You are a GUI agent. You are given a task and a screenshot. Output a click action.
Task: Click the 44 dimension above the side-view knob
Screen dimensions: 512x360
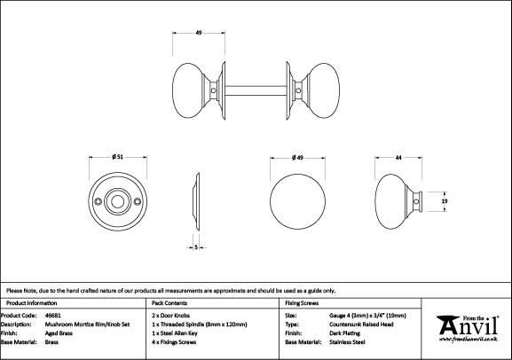[x=398, y=158]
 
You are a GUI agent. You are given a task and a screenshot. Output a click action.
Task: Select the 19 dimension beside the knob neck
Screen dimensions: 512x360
[x=444, y=201]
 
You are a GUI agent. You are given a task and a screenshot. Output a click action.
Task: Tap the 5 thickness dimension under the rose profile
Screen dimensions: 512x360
[x=196, y=247]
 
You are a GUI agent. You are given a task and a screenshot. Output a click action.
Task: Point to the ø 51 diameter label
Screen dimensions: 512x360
[x=117, y=157]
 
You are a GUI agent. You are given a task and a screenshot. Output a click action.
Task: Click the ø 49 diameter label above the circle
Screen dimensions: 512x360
[x=297, y=158]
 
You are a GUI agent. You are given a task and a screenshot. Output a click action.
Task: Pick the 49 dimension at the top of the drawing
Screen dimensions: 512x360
[x=199, y=33]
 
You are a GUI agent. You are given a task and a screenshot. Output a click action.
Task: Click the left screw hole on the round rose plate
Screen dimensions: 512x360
[x=98, y=201]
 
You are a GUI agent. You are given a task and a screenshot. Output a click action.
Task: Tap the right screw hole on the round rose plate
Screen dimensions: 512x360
[x=138, y=201]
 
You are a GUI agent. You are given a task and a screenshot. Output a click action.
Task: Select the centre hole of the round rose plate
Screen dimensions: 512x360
[x=117, y=201]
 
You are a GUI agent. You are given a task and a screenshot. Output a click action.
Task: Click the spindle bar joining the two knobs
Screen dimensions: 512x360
[x=256, y=90]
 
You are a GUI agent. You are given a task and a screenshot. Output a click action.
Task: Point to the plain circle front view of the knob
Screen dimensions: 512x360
[x=297, y=201]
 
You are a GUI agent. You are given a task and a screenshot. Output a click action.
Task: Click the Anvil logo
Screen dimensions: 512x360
[x=468, y=328]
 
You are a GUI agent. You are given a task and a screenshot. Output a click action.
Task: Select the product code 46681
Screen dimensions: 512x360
[x=52, y=316]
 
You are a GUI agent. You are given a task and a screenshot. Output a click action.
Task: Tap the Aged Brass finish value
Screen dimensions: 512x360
[x=59, y=333]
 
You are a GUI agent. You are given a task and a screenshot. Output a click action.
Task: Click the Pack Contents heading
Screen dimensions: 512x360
[x=169, y=303]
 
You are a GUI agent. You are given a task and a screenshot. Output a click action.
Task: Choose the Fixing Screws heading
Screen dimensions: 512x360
[x=302, y=303]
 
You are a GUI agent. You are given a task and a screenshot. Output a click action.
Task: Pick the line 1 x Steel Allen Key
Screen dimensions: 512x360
[x=175, y=333]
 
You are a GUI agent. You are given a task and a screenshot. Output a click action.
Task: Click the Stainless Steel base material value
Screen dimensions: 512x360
[x=347, y=342]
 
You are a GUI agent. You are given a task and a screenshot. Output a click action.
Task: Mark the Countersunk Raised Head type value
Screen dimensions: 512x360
[x=361, y=325]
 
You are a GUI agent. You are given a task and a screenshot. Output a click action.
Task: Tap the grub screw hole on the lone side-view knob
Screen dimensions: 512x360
[x=415, y=201]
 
